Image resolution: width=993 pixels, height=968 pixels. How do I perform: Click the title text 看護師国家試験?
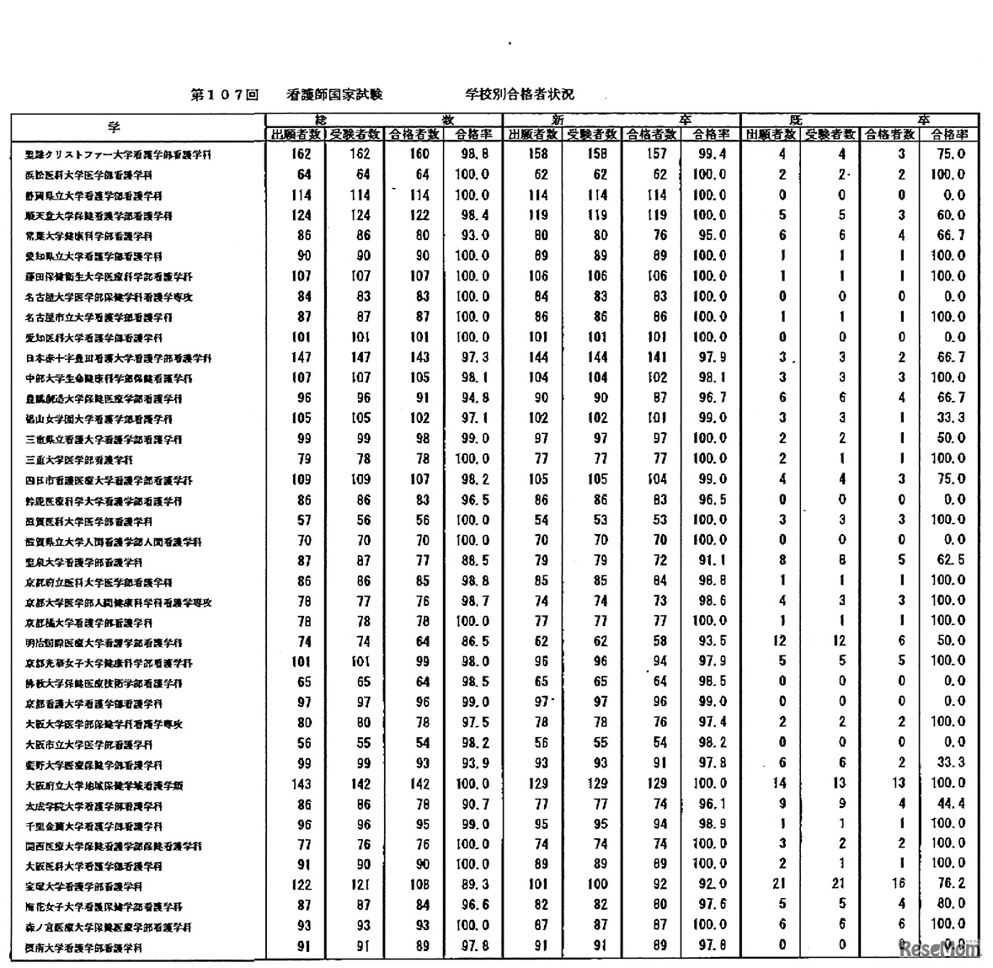334,95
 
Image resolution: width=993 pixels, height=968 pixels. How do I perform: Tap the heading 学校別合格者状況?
519,95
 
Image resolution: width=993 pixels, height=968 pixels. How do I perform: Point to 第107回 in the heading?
224,95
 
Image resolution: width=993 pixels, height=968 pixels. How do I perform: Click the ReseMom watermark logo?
941,949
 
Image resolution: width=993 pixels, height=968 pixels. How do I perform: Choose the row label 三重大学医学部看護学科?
78,460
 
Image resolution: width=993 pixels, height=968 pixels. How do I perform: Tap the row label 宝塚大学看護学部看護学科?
83,886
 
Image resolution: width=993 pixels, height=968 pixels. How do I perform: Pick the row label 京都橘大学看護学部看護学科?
88,623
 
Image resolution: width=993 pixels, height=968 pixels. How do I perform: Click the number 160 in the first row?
419,154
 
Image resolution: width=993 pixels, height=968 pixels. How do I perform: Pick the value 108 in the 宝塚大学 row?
419,885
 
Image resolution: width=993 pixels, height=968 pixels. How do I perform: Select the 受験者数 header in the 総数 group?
355,135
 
